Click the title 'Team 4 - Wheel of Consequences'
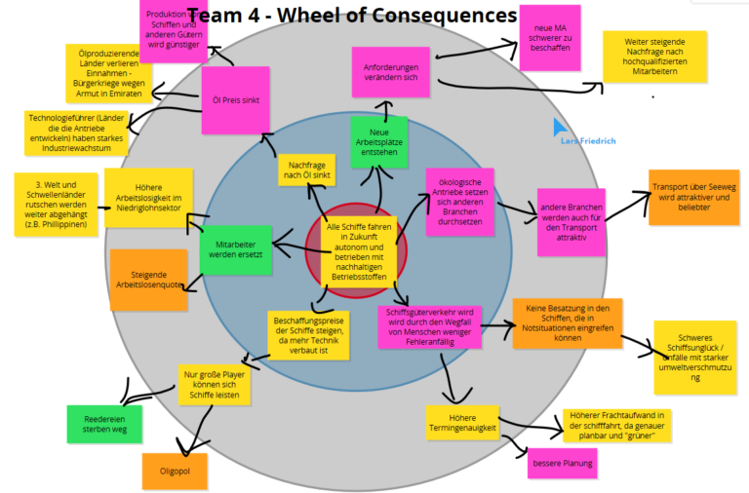pyautogui.click(x=351, y=16)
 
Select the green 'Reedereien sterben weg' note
pyautogui.click(x=98, y=422)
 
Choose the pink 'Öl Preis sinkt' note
pyautogui.click(x=235, y=99)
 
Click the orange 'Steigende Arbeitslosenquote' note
pyautogui.click(x=148, y=280)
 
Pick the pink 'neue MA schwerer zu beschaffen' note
pyautogui.click(x=549, y=37)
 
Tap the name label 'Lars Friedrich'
pyautogui.click(x=589, y=141)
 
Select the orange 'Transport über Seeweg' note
pyautogui.click(x=693, y=197)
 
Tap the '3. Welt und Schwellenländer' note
pyautogui.click(x=55, y=204)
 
